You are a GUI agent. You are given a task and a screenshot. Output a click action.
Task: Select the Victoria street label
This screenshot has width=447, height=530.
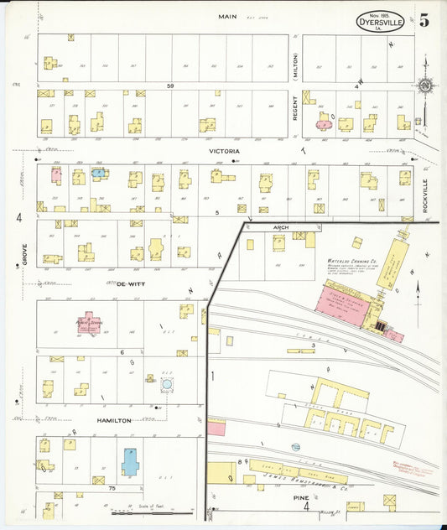224,151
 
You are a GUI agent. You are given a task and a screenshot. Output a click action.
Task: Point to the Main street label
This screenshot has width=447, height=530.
227,16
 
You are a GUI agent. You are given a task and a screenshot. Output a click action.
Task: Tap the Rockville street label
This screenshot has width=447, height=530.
425,192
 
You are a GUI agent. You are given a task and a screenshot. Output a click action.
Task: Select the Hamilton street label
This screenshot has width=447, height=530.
113,420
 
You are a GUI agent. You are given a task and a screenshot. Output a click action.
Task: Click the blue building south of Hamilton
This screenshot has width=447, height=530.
131,461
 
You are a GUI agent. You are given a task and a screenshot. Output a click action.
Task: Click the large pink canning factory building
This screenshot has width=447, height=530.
345,299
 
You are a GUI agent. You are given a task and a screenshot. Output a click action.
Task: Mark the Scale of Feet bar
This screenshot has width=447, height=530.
138,512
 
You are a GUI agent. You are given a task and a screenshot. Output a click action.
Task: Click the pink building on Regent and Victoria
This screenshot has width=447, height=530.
323,122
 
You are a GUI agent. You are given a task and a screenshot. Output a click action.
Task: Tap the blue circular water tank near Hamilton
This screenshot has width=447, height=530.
167,385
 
